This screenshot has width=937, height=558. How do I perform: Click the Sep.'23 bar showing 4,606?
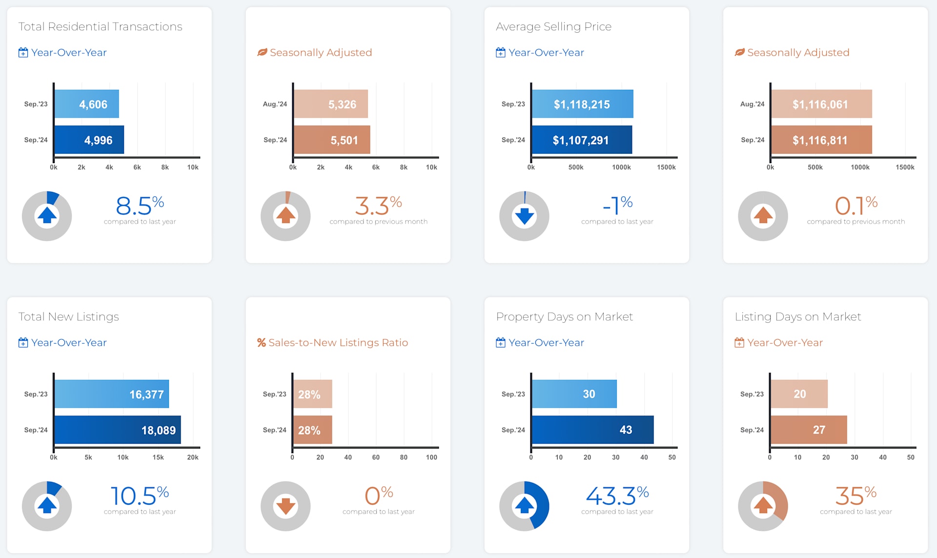coord(86,104)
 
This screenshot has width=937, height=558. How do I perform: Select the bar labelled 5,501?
coord(332,140)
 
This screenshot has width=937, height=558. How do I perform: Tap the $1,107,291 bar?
coord(582,140)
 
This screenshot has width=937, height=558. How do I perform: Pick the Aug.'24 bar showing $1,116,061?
coord(821,104)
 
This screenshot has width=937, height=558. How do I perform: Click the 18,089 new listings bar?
coord(117,430)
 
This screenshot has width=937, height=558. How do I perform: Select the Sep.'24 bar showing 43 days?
coord(592,430)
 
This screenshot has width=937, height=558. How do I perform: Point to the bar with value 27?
coord(809,430)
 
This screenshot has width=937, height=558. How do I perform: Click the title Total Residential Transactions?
coord(100,27)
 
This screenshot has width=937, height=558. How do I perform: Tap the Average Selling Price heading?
coord(553,27)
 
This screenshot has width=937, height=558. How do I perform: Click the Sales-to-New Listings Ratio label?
coord(338,343)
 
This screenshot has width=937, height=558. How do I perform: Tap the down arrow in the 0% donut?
coord(285,506)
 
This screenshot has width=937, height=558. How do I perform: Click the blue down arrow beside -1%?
coord(524,216)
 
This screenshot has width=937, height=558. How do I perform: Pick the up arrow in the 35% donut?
coord(763,505)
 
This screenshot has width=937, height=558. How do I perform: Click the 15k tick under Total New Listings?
coord(158,457)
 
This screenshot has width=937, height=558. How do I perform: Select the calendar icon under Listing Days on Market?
coord(739,343)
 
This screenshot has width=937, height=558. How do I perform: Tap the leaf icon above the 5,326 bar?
coord(262,52)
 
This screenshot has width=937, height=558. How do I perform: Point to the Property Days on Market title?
coord(564,317)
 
